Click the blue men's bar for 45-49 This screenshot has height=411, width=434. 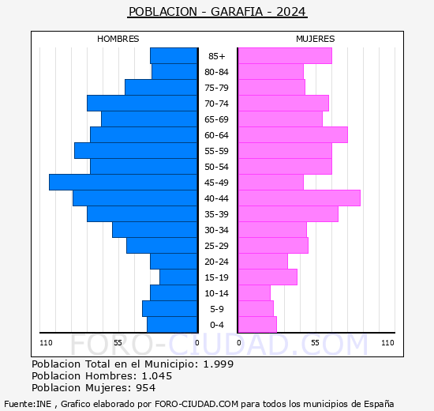point(123,183)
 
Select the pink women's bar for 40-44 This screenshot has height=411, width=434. point(300,198)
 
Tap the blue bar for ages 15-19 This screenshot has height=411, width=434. point(178,277)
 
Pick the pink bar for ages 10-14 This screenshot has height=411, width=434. point(254,293)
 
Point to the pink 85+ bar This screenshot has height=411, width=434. point(285,56)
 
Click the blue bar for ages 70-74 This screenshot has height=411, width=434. point(142,104)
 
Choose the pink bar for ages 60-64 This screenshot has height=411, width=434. point(293,135)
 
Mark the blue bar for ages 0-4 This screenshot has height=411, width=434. point(172,325)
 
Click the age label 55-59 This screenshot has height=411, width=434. point(216,151)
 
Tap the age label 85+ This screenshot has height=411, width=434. point(217,56)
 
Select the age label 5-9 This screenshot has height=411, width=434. point(217,309)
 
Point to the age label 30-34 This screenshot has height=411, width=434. point(216,230)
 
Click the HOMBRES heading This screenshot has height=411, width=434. point(118,39)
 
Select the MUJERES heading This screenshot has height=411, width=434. point(316,39)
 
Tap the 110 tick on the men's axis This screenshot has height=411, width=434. point(46,343)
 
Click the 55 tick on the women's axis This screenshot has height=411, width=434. point(315,343)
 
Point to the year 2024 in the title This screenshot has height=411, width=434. point(291,12)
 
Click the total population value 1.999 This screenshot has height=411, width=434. point(219,364)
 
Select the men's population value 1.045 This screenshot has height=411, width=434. point(157,375)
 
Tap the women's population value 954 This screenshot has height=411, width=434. point(146,388)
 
